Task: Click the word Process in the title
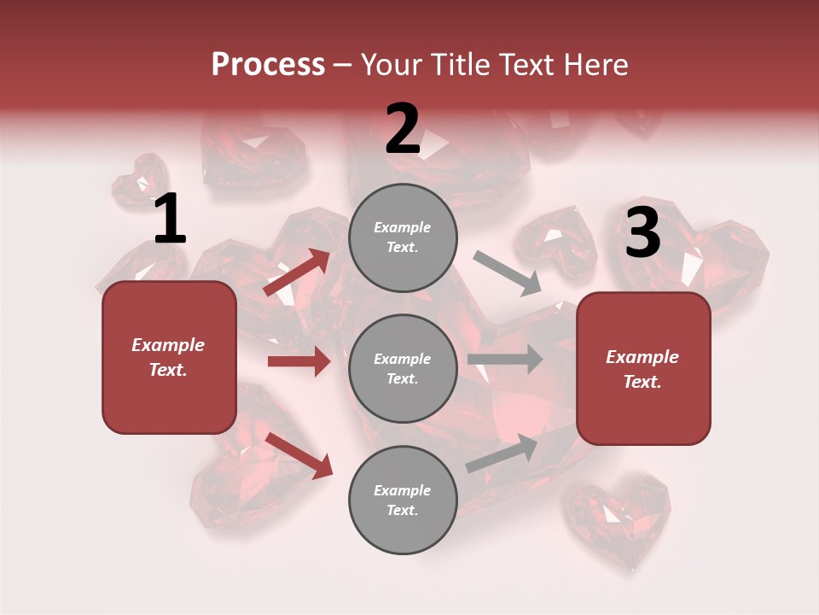pos(268,65)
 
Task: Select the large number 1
pos(170,220)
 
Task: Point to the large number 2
pos(403,129)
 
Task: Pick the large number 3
pos(642,233)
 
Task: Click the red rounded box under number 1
pos(169,357)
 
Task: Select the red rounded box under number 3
pos(643,369)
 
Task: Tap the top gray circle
pos(403,237)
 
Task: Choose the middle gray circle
pos(403,368)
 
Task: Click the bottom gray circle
pos(403,500)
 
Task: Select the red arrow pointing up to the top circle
pos(296,272)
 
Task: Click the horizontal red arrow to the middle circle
pos(299,361)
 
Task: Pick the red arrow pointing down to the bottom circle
pos(299,454)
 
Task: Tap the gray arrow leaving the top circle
pos(508,273)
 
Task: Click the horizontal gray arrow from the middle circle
pos(505,360)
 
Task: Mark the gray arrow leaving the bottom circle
pos(502,453)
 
